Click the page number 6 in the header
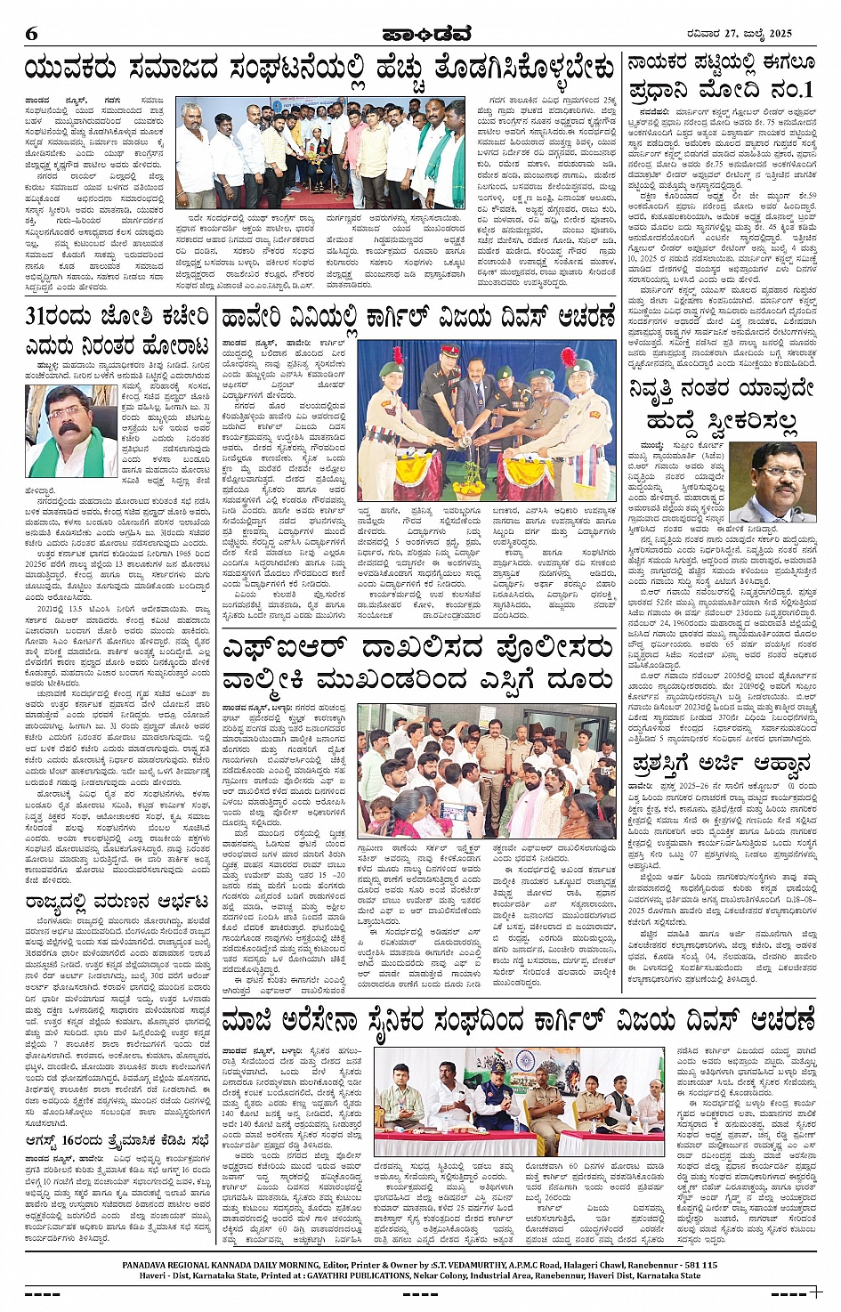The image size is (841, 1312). [x=31, y=34]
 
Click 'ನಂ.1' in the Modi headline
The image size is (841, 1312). [x=781, y=90]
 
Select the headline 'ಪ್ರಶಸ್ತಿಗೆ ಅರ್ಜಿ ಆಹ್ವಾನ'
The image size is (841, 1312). [x=708, y=764]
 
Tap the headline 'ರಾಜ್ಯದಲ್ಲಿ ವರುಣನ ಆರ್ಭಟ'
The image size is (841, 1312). [x=117, y=903]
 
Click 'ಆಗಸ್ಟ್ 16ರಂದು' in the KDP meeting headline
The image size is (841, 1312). [x=69, y=1138]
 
